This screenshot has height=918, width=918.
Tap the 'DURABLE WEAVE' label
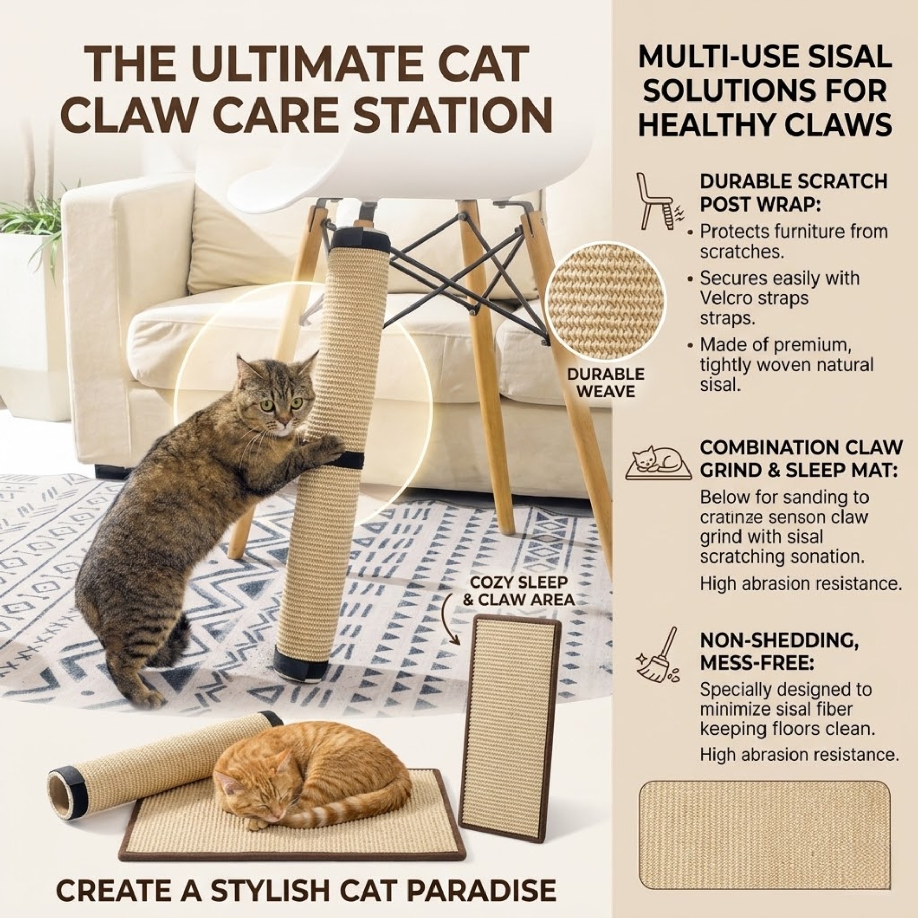click(x=605, y=383)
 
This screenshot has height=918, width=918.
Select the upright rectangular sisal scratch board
click(x=510, y=714)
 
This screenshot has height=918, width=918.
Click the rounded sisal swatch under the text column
click(x=764, y=833)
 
